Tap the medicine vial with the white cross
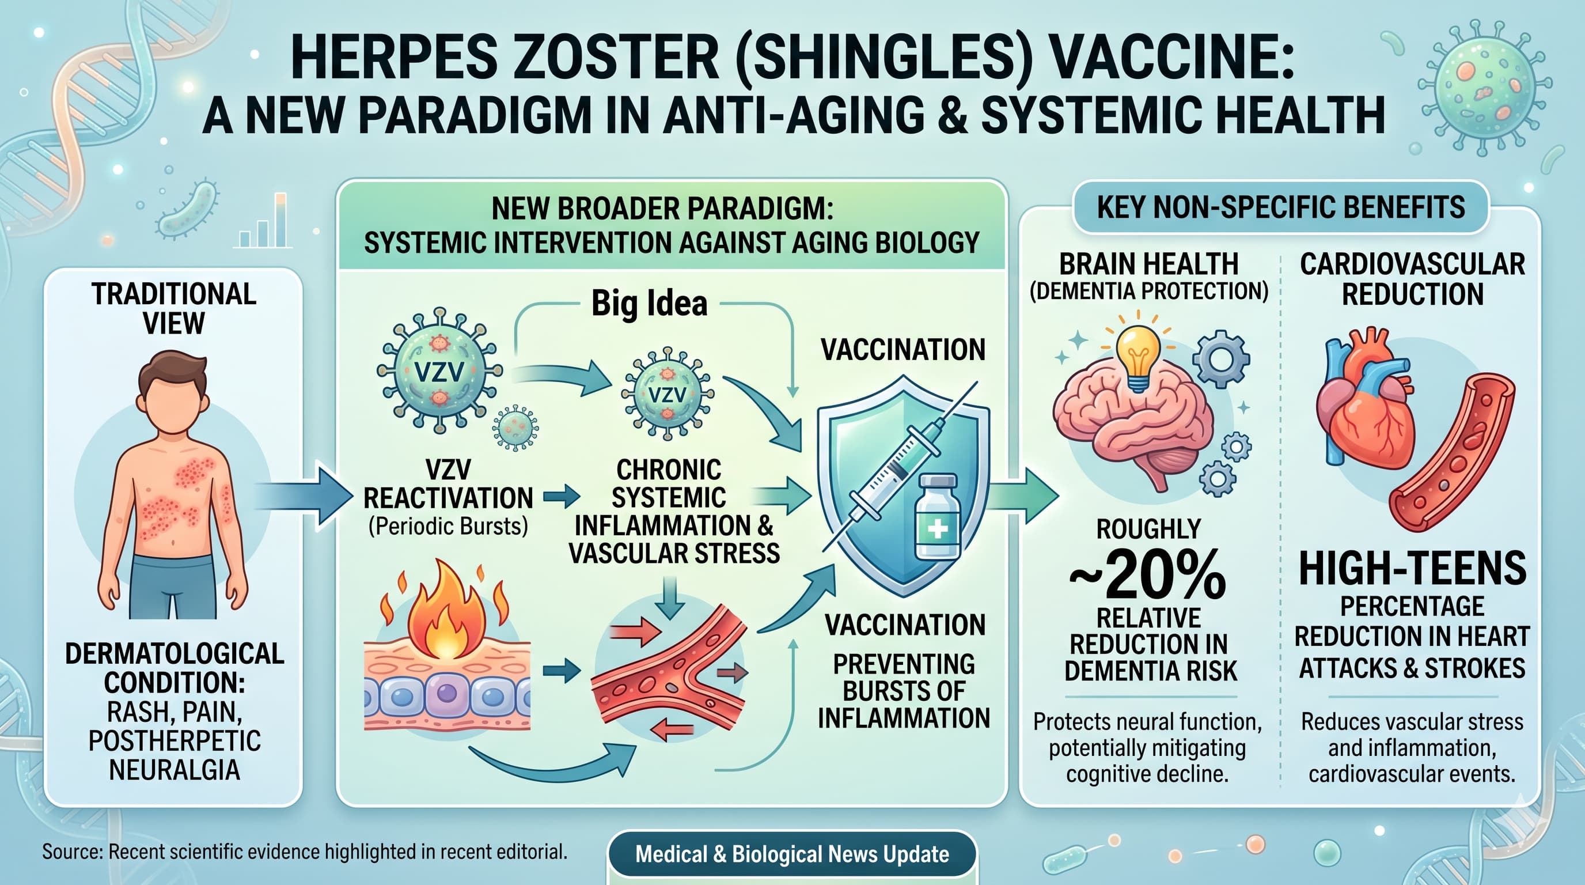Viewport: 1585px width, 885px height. click(x=936, y=517)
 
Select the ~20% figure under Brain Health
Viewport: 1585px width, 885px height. click(x=1148, y=576)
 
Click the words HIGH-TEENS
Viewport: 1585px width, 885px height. click(x=1412, y=569)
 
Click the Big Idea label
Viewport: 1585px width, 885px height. click(x=649, y=304)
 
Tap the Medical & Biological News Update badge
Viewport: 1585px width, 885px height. click(x=792, y=854)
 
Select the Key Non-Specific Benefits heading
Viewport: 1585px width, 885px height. click(x=1280, y=207)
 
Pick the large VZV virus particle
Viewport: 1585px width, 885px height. click(x=439, y=370)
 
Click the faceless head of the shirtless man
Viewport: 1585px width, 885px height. click(x=173, y=394)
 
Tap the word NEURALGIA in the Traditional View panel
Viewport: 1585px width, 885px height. click(x=174, y=770)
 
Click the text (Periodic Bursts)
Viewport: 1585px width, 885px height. click(x=448, y=527)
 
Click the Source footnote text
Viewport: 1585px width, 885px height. click(x=305, y=852)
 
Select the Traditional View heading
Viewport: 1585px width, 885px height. click(x=174, y=308)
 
